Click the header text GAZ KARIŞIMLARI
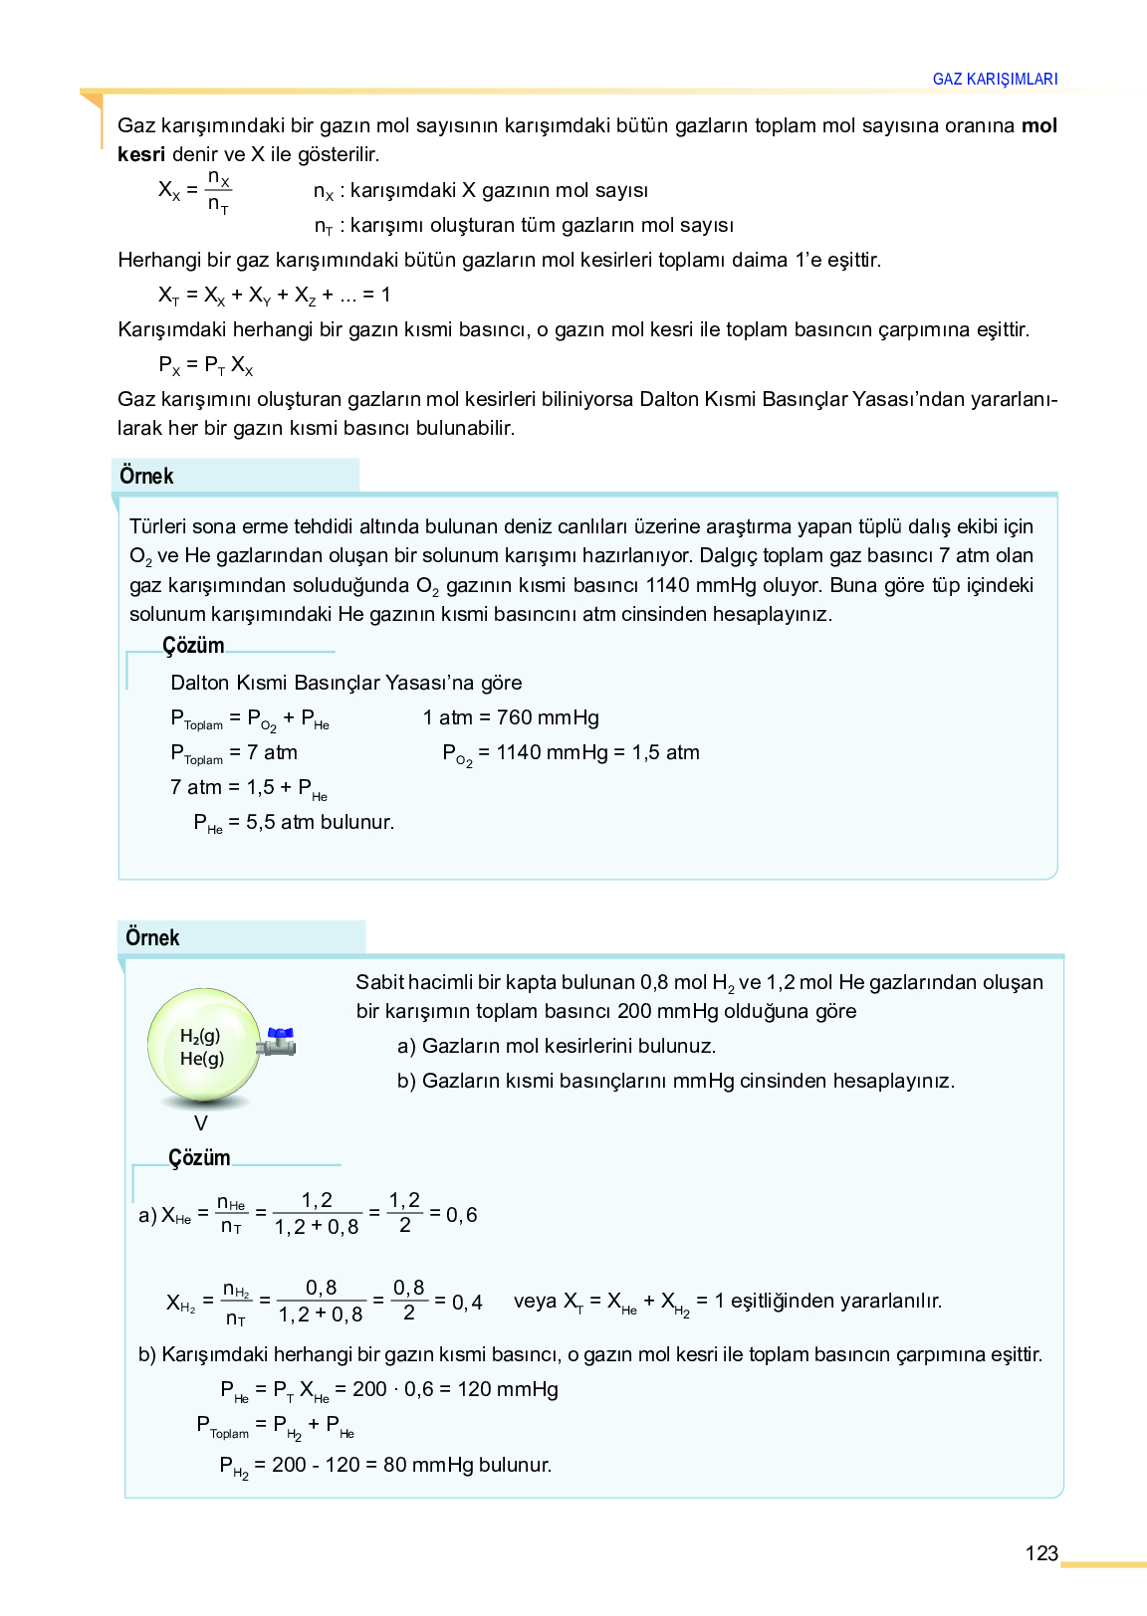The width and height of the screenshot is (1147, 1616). [995, 80]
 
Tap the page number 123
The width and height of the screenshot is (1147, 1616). [1040, 1553]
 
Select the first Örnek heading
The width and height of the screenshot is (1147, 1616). [146, 476]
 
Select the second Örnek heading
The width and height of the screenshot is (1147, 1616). [152, 937]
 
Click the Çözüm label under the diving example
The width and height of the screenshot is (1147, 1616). [193, 645]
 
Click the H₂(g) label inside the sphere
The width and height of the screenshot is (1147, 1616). [200, 1036]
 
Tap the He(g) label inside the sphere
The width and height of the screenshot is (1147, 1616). [202, 1059]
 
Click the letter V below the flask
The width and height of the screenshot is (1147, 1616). [201, 1123]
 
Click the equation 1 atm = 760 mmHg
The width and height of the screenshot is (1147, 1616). [511, 717]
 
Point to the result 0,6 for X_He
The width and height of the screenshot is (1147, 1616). [462, 1215]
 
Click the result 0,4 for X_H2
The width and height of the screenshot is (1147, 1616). [467, 1303]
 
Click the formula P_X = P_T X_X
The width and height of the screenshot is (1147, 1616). [206, 365]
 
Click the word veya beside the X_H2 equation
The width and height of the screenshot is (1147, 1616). [535, 1301]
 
